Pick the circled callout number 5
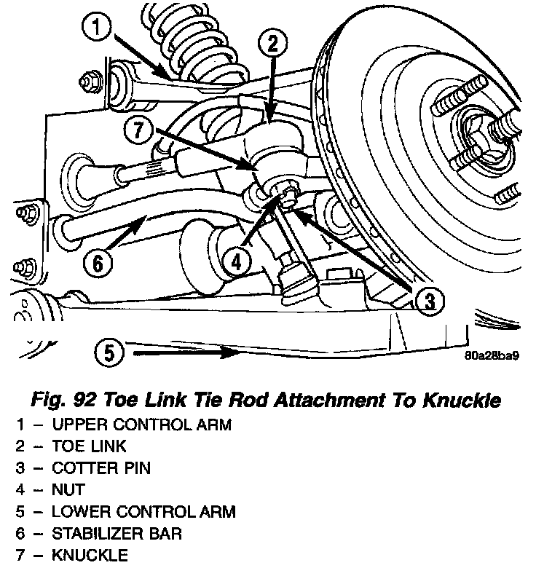coord(109,354)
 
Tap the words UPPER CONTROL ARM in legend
coord(141,425)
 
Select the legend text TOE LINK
coord(89,446)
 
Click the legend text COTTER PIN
coord(101,468)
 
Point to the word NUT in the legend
coord(68,490)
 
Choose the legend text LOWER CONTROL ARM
coord(143,512)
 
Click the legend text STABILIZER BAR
coord(117,534)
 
